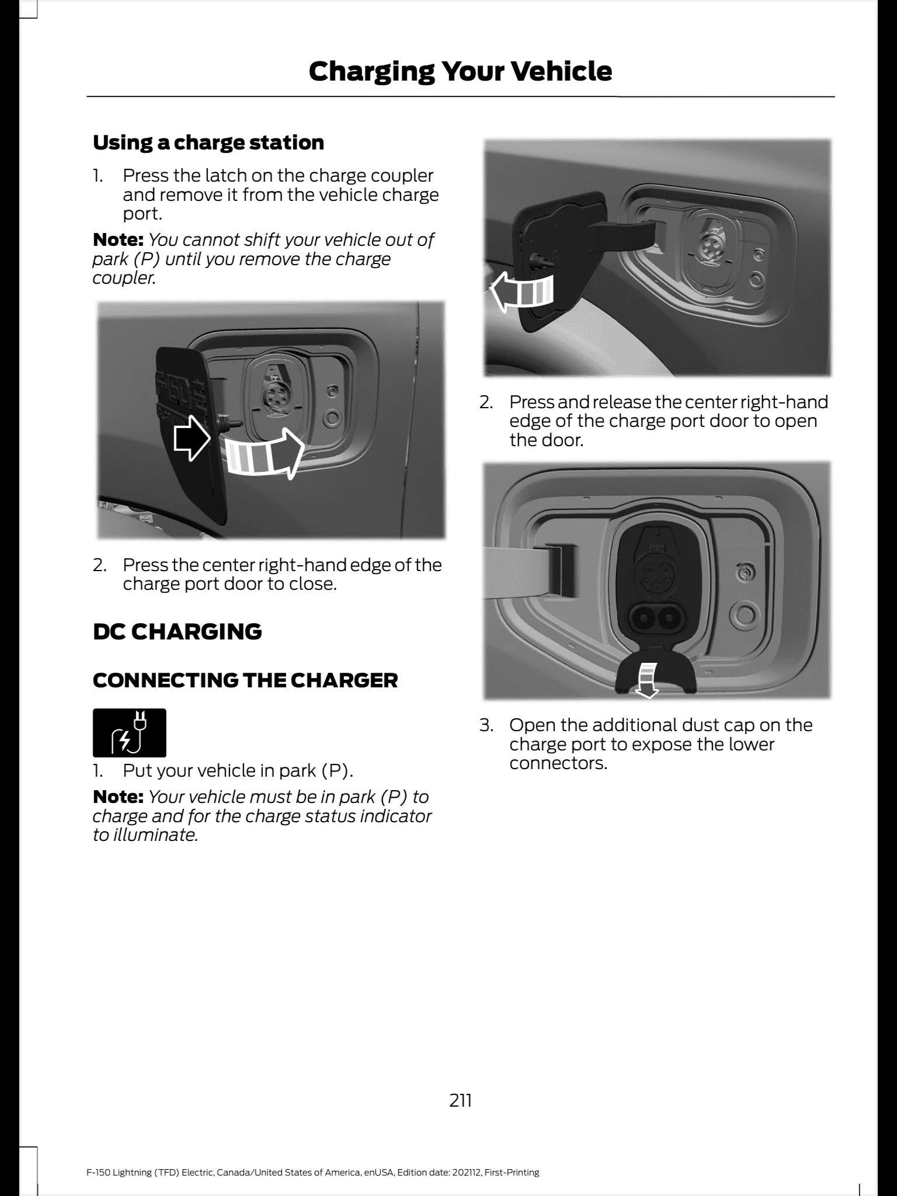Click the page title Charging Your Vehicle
click(460, 71)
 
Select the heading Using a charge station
click(208, 142)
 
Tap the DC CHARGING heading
click(178, 631)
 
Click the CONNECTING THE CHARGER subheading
click(245, 680)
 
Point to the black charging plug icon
click(130, 733)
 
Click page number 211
click(461, 1101)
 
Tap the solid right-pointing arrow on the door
click(192, 440)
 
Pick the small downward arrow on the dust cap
click(647, 680)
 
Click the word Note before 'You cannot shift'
click(118, 239)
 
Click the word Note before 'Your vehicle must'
click(118, 797)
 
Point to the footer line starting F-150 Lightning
click(313, 1156)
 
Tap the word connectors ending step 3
click(558, 763)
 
